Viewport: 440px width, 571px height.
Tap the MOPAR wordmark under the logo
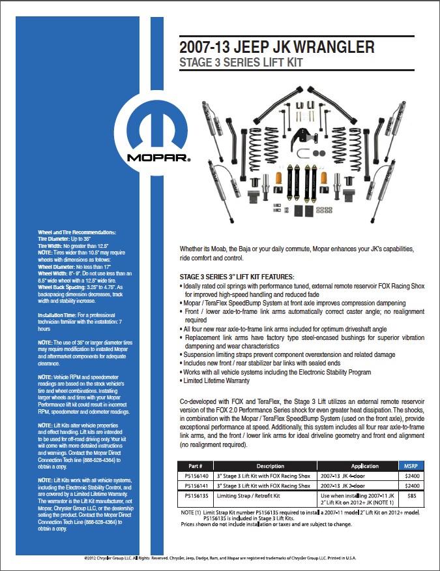click(158, 158)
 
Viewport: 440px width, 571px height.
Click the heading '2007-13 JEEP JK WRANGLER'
click(277, 47)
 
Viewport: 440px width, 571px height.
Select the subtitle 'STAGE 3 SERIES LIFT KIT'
click(241, 63)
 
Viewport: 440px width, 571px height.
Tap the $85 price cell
click(411, 496)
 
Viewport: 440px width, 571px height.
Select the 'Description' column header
click(270, 466)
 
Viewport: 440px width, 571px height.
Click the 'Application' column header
click(365, 466)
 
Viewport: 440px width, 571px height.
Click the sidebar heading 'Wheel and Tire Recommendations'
click(76, 233)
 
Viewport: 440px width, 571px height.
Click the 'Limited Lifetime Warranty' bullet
click(216, 380)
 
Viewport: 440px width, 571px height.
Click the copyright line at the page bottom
click(220, 559)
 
